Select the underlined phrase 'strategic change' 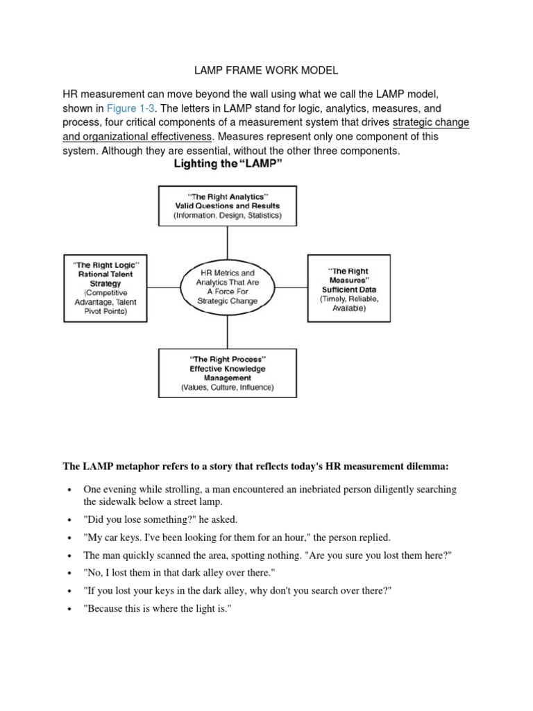click(430, 123)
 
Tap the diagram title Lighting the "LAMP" click(227, 165)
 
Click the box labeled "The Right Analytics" click(227, 206)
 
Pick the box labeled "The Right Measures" click(348, 287)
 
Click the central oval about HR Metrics click(228, 287)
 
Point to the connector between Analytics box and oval click(227, 241)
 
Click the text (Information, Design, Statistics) click(227, 216)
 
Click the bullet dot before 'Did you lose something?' click(69, 520)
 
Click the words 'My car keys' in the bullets click(111, 537)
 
